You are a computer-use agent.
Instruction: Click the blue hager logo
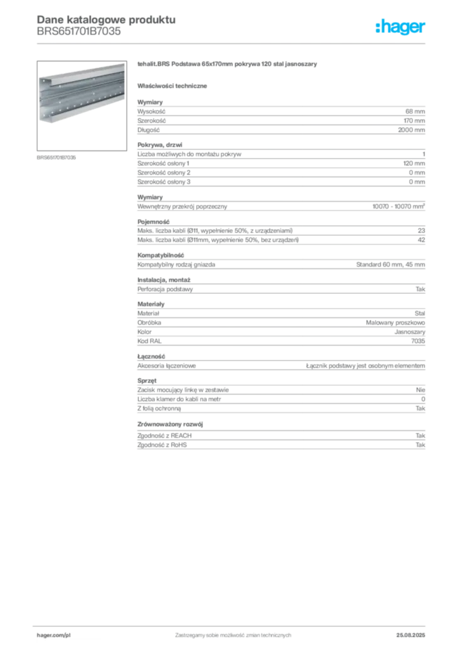click(401, 28)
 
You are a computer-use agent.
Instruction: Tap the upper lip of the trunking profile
click(82, 72)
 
